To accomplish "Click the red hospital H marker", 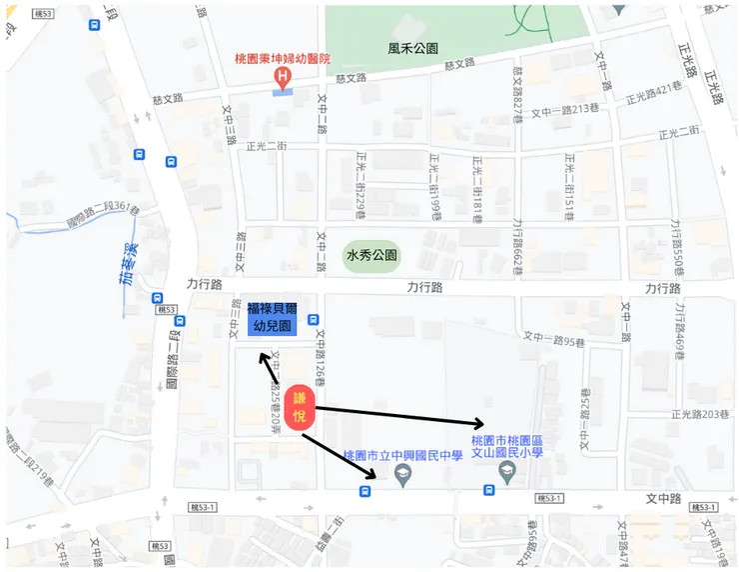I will click(285, 76).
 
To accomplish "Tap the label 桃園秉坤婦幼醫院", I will click(284, 59).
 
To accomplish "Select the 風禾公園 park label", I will click(412, 47).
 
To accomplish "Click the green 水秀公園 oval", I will click(371, 255).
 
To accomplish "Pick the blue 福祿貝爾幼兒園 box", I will click(272, 317).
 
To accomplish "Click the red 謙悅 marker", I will click(299, 407).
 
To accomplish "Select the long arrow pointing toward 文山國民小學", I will click(399, 416).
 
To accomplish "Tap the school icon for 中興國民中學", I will click(403, 477).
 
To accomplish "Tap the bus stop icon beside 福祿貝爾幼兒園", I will click(315, 320).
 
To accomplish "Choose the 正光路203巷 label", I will click(702, 413).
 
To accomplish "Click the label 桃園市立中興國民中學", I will click(402, 455).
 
